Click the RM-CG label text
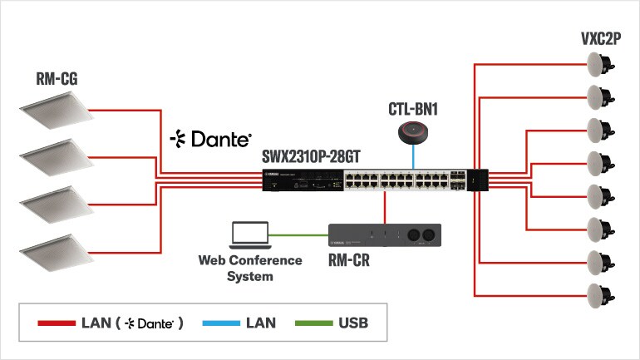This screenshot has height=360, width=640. tap(57, 80)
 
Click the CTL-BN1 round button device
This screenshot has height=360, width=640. tap(413, 131)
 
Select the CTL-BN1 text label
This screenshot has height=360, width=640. tap(413, 110)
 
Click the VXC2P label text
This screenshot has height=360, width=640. tap(601, 39)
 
